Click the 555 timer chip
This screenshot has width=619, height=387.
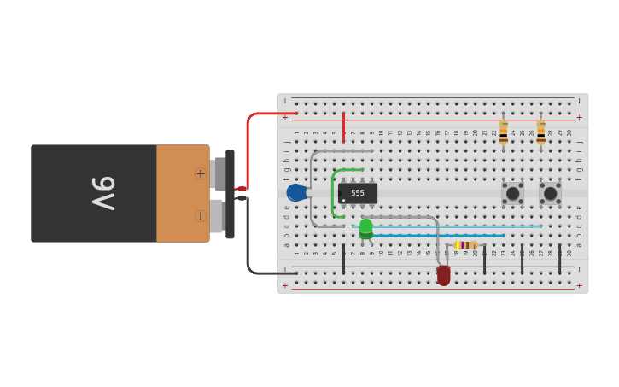(x=357, y=193)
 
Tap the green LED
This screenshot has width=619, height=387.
(x=365, y=228)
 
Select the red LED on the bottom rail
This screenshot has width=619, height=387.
(x=443, y=275)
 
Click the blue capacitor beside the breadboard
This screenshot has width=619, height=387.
(x=295, y=192)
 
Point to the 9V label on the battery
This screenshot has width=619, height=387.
(x=102, y=193)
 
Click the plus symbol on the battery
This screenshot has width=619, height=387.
(x=201, y=173)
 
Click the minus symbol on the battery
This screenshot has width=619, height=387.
(x=201, y=215)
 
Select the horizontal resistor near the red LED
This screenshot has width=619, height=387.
(x=466, y=245)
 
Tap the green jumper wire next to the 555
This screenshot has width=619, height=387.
(x=333, y=192)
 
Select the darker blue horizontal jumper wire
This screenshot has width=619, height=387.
(x=435, y=235)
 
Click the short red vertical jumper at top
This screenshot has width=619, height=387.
(x=343, y=126)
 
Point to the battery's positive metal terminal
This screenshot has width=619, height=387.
(x=219, y=173)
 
